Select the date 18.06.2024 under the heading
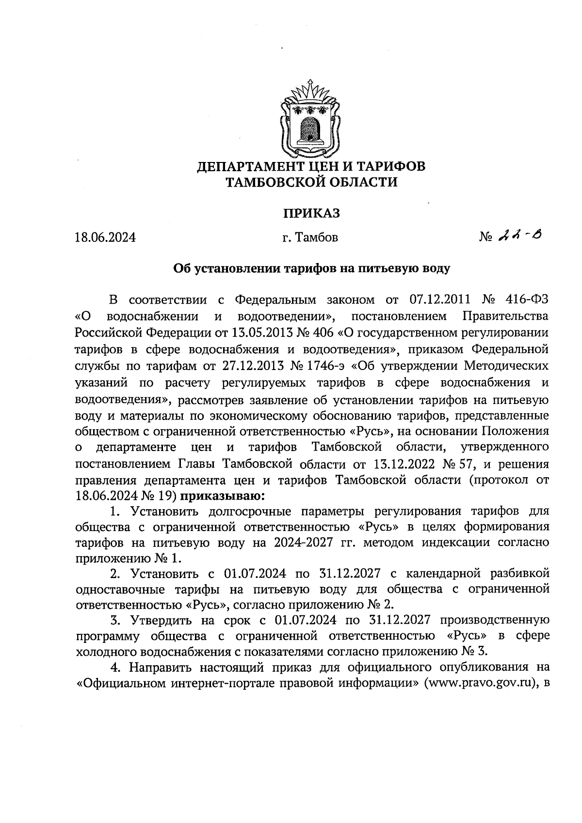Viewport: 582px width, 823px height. [x=105, y=238]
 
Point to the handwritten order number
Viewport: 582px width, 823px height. [x=520, y=236]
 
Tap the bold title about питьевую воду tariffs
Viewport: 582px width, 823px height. [x=312, y=268]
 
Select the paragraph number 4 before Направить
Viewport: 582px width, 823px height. [x=116, y=668]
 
